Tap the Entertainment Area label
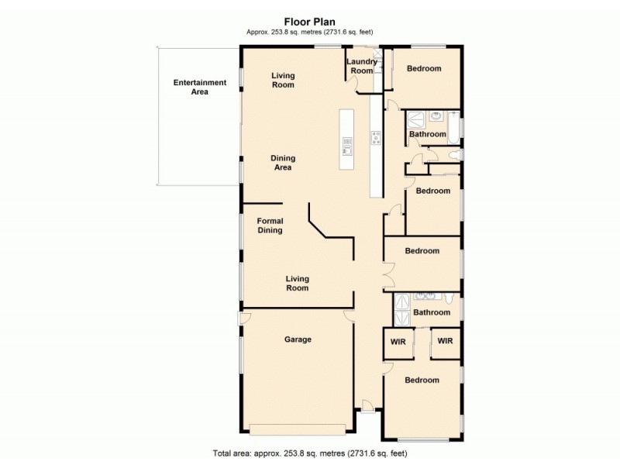[199, 87]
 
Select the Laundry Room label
[361, 66]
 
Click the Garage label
[298, 339]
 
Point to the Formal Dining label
[270, 225]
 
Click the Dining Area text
[283, 163]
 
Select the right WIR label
[445, 340]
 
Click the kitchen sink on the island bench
[347, 146]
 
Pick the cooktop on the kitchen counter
[376, 139]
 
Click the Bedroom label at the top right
[424, 69]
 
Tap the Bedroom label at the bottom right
[422, 381]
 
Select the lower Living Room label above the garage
[297, 283]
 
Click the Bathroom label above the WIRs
[431, 313]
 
